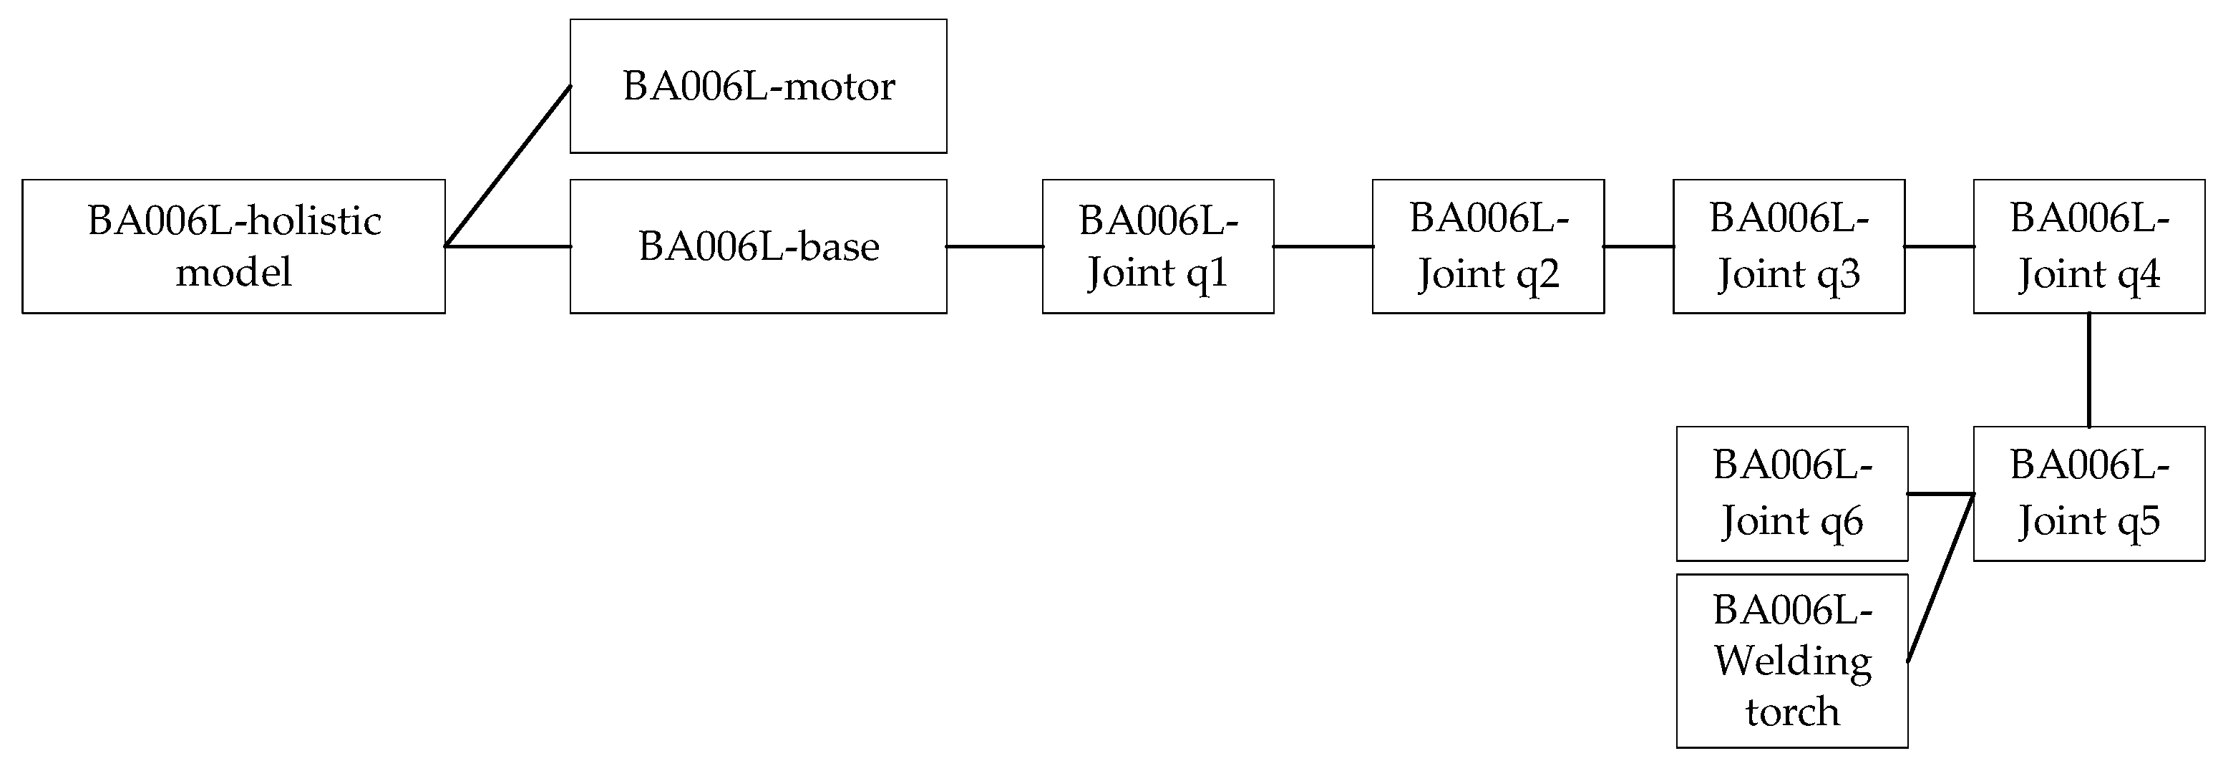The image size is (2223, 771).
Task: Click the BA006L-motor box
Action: point(758,87)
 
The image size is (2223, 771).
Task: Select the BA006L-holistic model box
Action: point(233,246)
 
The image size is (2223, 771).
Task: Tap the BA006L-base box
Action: point(758,246)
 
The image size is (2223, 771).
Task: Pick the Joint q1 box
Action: point(1157,246)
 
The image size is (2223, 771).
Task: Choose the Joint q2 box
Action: point(1488,246)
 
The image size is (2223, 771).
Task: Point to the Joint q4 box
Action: point(2088,246)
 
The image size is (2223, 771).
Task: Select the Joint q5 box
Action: point(2088,493)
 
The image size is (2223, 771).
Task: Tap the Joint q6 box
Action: point(1791,493)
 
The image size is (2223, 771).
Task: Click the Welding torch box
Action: point(1791,661)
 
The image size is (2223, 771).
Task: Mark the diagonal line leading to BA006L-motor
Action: point(507,166)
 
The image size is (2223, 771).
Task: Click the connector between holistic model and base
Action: point(509,247)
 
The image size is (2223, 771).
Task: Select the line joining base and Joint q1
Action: point(994,247)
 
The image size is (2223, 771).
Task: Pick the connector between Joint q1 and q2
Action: point(1323,247)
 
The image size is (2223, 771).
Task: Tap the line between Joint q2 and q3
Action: point(1638,247)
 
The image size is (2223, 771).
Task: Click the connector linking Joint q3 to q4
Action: point(1939,247)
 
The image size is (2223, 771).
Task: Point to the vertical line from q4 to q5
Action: point(2089,369)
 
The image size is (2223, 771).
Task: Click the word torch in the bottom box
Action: point(1792,712)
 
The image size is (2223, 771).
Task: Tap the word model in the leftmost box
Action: point(233,273)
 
